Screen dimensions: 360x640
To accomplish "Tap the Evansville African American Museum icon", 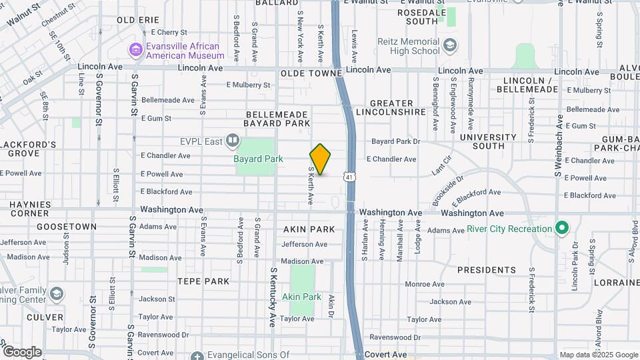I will (136, 50).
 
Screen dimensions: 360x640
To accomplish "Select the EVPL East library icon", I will (232, 140).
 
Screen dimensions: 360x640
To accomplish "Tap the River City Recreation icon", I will (561, 229).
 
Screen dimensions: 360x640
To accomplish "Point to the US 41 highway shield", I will (349, 177).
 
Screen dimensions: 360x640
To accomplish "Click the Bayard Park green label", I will (258, 159).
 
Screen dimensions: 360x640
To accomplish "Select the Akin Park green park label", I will (301, 297).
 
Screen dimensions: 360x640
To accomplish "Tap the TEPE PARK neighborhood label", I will (203, 281).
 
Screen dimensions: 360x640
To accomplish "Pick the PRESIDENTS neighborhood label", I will (486, 270).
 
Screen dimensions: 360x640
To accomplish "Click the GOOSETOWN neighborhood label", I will (67, 227).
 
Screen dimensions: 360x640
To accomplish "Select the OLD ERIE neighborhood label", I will (138, 20).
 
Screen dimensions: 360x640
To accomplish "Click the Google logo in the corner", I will (22, 351).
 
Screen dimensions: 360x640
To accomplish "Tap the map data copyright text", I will (597, 355).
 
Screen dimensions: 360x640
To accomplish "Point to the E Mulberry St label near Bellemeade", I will (248, 85).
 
